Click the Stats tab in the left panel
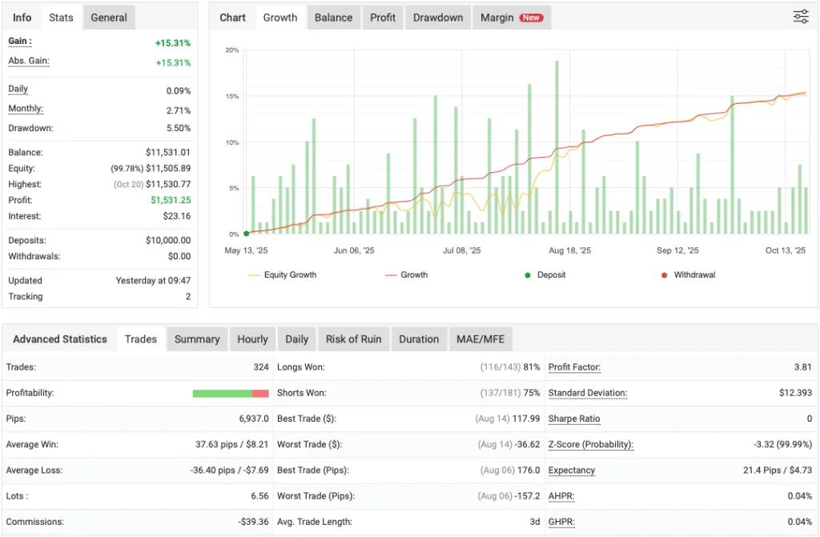61,18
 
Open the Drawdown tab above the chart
438,18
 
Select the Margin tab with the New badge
511,18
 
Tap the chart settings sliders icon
801,17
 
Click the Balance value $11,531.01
168,152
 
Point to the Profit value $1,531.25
171,200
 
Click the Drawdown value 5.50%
178,128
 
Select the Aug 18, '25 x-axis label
569,250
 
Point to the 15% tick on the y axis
232,96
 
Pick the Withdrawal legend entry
694,275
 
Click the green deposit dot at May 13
246,234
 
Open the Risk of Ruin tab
353,339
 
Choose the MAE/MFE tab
481,339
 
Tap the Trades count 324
259,367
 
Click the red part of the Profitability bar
260,393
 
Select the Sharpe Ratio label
574,419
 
